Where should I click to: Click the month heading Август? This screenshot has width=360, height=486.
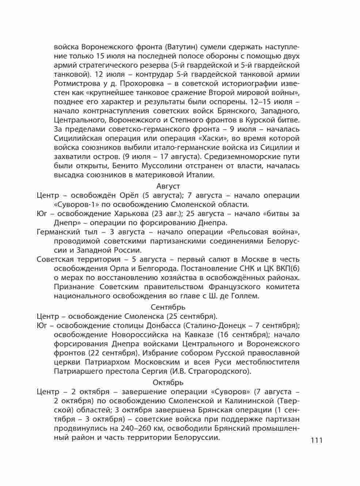pyautogui.click(x=168, y=186)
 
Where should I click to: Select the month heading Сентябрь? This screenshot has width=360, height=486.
pyautogui.click(x=168, y=307)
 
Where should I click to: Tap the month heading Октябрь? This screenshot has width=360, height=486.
pyautogui.click(x=168, y=383)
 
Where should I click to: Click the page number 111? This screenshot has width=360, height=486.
pyautogui.click(x=317, y=440)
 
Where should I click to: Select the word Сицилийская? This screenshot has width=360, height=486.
pyautogui.click(x=77, y=139)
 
